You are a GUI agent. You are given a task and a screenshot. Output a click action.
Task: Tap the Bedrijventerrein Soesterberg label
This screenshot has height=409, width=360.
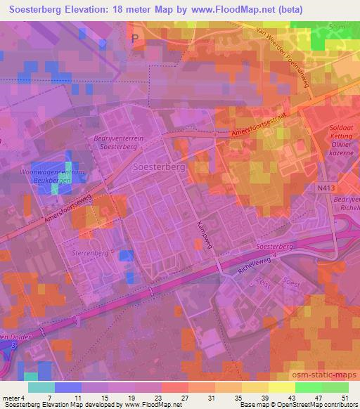[x=117, y=143]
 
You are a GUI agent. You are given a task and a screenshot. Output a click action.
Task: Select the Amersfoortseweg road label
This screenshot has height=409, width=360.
[x=69, y=208]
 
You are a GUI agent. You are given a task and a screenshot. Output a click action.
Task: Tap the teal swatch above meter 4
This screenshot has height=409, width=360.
[x=41, y=387]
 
